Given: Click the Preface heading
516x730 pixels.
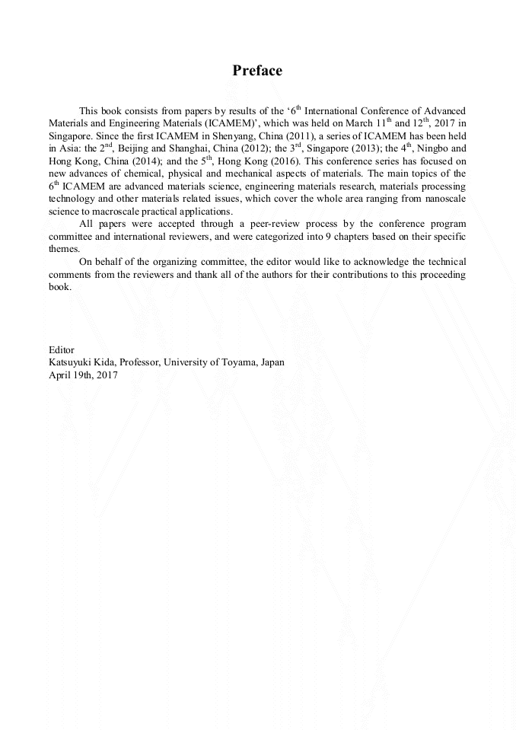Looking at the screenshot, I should tap(257, 71).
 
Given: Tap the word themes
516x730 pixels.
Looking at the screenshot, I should tap(64, 249).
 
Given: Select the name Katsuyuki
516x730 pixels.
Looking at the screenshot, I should tap(71, 362).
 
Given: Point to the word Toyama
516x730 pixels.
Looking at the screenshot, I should tap(240, 362).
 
